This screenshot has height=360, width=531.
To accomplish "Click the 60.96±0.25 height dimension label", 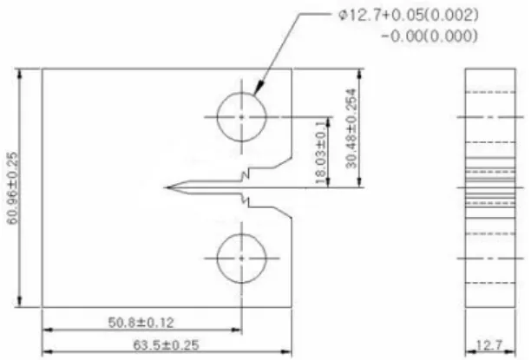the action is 12,188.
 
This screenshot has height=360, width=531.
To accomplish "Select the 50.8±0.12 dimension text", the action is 141,323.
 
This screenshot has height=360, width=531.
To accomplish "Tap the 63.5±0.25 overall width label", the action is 166,345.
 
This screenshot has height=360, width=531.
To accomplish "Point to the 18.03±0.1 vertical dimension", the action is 321,153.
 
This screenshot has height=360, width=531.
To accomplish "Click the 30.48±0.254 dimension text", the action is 351,128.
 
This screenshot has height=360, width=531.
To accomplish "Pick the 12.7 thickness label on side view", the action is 489,345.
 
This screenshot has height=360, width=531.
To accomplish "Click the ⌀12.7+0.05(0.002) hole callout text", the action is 409,16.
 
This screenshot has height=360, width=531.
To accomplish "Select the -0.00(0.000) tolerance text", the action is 429,36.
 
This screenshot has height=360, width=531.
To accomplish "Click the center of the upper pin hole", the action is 241,117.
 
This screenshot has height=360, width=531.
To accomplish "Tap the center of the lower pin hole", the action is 241,259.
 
